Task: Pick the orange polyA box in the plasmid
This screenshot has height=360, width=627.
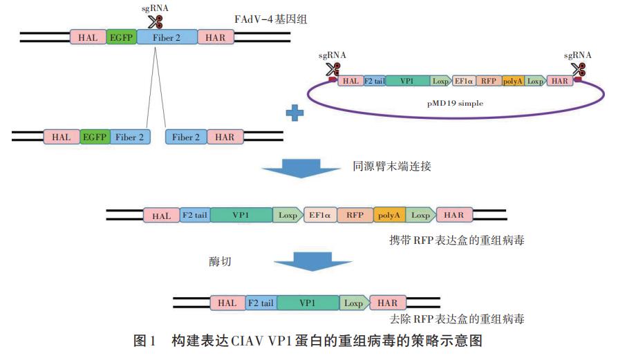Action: [x=512, y=81]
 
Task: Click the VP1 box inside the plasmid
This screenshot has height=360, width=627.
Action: [x=406, y=81]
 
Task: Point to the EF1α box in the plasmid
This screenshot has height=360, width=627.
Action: [x=463, y=81]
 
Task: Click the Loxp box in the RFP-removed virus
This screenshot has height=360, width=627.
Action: [x=353, y=303]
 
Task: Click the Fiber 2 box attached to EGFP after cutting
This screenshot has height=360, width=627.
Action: [x=130, y=138]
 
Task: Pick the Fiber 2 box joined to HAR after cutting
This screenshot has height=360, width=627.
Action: [x=186, y=138]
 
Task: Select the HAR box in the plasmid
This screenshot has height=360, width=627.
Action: [x=559, y=81]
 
